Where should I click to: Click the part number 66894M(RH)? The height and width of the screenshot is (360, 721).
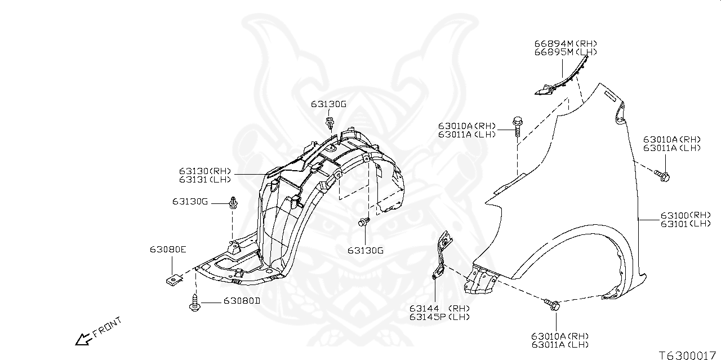[x=565, y=44]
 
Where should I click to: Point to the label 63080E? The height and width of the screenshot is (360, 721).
[x=168, y=250]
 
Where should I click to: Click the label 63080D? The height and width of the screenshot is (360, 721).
[x=242, y=301]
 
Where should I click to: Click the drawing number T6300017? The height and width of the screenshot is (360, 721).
[x=689, y=355]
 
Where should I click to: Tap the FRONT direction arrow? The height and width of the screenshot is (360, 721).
[x=83, y=339]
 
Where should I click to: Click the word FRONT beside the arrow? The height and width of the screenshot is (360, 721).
[x=107, y=327]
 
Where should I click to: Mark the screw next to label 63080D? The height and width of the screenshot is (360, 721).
[x=194, y=304]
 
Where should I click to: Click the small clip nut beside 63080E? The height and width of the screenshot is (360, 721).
[x=174, y=279]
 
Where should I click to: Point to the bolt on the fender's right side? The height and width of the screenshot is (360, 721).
[x=662, y=176]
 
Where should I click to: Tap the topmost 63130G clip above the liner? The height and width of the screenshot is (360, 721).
[x=330, y=123]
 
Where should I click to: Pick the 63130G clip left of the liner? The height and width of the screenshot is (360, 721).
[x=233, y=202]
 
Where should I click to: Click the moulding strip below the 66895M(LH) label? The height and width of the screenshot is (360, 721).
[x=558, y=83]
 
